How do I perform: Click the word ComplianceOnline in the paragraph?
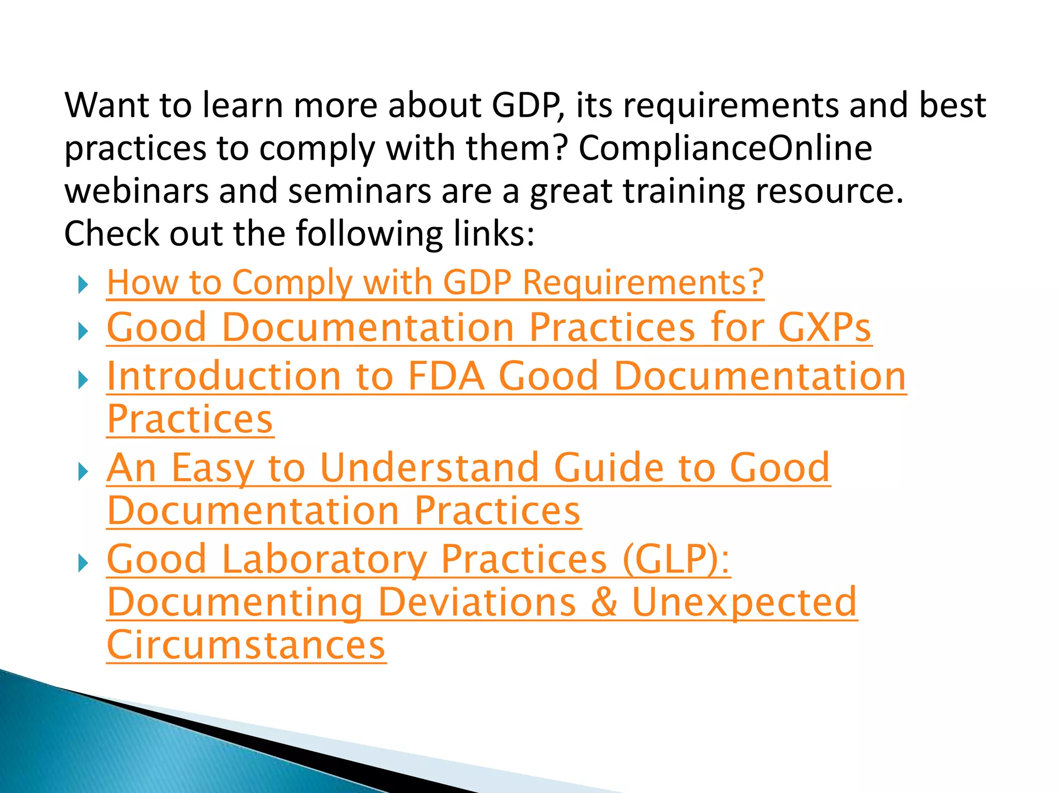click(x=725, y=148)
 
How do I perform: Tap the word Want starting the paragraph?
click(x=106, y=105)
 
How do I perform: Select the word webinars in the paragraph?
click(x=135, y=191)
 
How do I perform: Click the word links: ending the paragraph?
click(x=494, y=233)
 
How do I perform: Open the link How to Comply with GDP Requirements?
click(x=435, y=283)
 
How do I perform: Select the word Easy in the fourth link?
click(x=212, y=468)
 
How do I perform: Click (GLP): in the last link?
click(x=676, y=559)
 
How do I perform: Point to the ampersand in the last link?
click(x=603, y=602)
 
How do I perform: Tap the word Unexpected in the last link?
click(x=744, y=602)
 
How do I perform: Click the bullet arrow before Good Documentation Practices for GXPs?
click(x=83, y=330)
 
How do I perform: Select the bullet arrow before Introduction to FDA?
click(x=83, y=380)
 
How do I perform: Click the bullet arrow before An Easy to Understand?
click(x=83, y=471)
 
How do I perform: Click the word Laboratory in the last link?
click(x=324, y=559)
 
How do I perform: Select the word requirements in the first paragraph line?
click(x=730, y=105)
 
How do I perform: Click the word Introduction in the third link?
click(x=224, y=376)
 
